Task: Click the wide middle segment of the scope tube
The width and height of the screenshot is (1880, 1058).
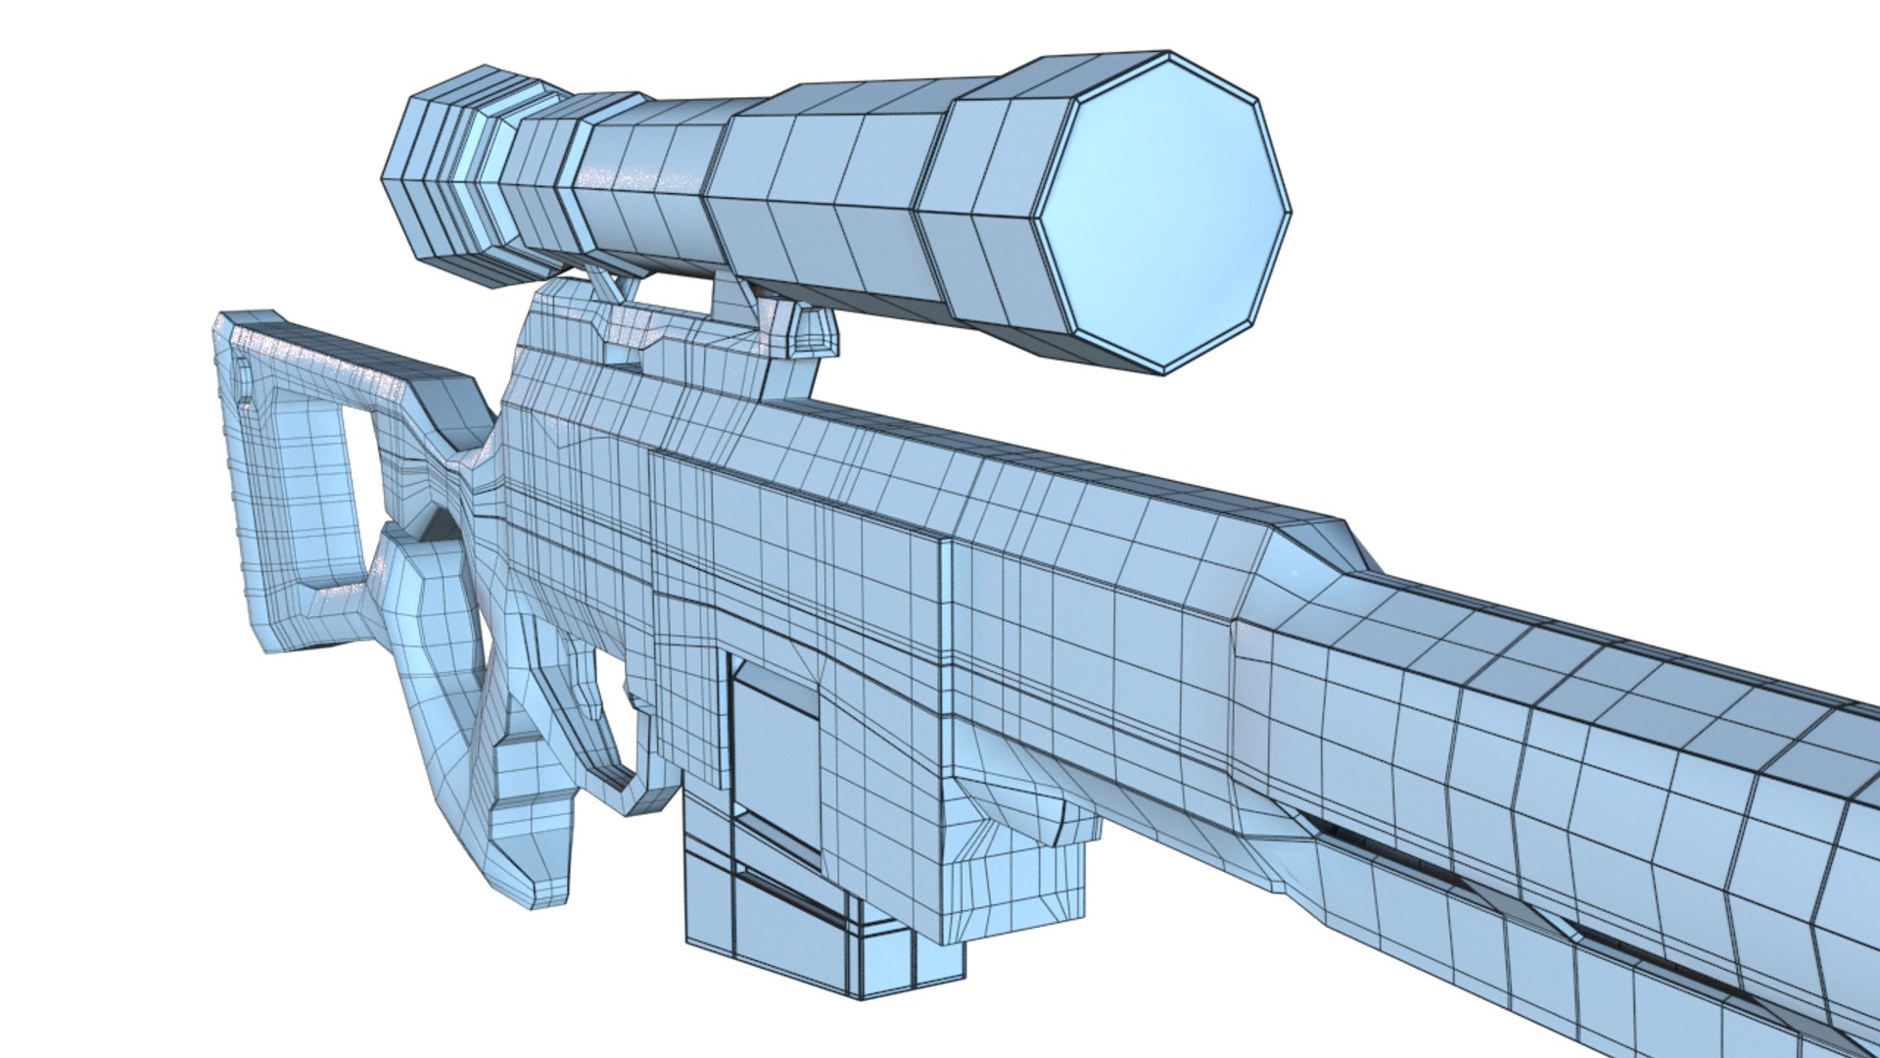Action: [x=822, y=196]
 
